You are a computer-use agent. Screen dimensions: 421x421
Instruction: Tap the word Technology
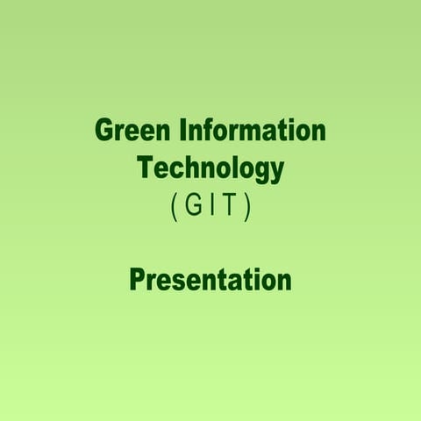(x=210, y=168)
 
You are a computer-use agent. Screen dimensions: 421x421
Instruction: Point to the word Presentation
(x=210, y=280)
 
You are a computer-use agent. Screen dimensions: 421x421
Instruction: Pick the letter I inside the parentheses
(x=213, y=207)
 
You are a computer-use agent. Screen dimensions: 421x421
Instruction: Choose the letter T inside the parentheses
(x=230, y=207)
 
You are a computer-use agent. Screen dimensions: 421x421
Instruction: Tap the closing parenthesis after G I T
(x=248, y=208)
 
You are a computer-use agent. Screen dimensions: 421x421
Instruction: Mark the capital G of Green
(x=104, y=132)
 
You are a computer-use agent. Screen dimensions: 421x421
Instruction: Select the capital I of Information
(x=184, y=132)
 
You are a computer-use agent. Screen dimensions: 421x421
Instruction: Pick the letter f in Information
(x=211, y=132)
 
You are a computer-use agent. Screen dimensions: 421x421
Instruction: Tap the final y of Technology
(x=278, y=170)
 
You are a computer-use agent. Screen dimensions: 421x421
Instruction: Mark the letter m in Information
(x=255, y=133)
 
